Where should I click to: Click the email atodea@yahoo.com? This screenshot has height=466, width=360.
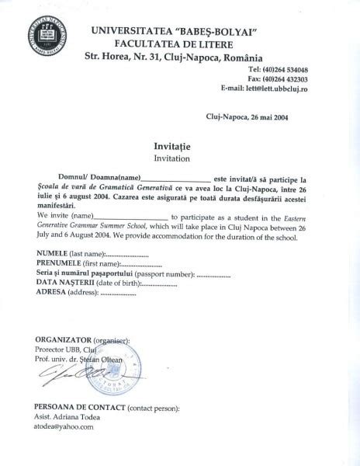(x=64, y=426)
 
